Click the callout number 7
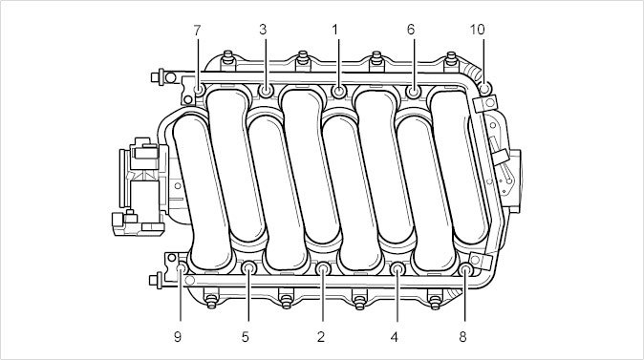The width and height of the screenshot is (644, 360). click(197, 30)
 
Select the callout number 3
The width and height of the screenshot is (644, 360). click(263, 30)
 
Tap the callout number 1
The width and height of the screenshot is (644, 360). click(335, 30)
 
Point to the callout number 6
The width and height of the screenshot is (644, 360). click(411, 30)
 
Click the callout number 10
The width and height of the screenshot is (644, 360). click(477, 30)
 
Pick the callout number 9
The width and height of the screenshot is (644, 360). click(178, 337)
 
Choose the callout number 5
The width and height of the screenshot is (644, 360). click(246, 337)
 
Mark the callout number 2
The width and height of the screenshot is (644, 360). click(321, 337)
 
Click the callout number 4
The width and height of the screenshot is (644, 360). click(395, 337)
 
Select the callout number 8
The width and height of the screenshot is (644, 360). click(462, 337)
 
